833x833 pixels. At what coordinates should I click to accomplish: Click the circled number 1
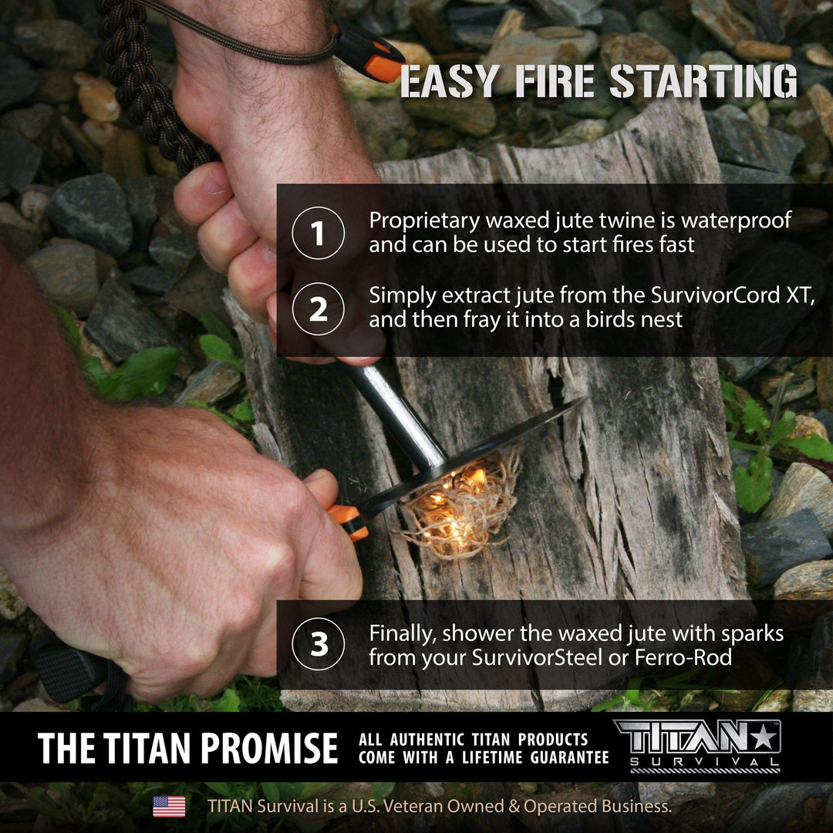click(x=318, y=233)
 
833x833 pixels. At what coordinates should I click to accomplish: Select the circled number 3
click(x=318, y=644)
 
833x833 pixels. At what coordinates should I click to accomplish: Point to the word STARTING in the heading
click(x=703, y=83)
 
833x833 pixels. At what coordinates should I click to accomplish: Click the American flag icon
click(x=169, y=806)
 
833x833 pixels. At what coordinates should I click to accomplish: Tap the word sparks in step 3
click(x=747, y=634)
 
